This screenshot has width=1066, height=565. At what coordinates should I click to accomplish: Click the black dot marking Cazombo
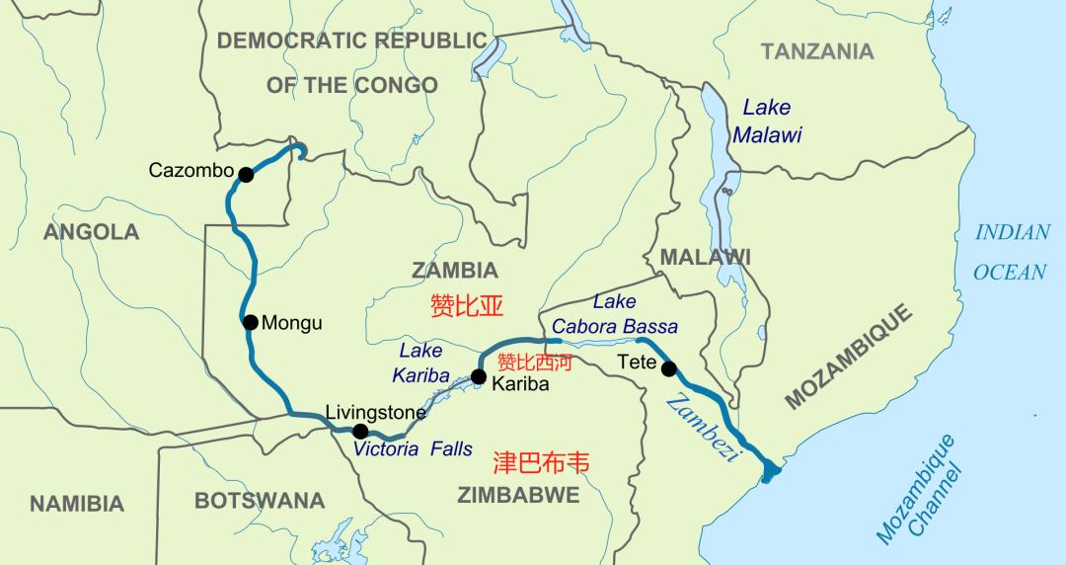246,175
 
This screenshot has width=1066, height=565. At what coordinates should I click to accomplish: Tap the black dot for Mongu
250,322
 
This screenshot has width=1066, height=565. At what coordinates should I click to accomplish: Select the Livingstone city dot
360,431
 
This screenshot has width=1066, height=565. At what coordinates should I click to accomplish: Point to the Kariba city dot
479,376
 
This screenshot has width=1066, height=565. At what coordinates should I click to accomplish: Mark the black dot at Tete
669,369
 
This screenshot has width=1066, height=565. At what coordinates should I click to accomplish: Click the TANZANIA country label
817,51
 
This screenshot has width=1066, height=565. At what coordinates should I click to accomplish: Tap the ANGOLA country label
92,233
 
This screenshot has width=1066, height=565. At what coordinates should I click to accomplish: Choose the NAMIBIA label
77,504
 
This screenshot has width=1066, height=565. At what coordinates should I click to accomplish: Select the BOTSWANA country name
260,501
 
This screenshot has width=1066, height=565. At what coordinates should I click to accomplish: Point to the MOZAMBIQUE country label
850,357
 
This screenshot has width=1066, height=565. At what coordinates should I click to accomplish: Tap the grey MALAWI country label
705,257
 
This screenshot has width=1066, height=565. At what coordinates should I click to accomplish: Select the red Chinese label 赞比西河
534,362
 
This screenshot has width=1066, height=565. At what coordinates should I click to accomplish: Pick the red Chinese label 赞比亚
467,305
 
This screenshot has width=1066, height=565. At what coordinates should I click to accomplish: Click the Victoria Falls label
413,448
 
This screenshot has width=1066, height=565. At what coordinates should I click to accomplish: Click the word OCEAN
1010,272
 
